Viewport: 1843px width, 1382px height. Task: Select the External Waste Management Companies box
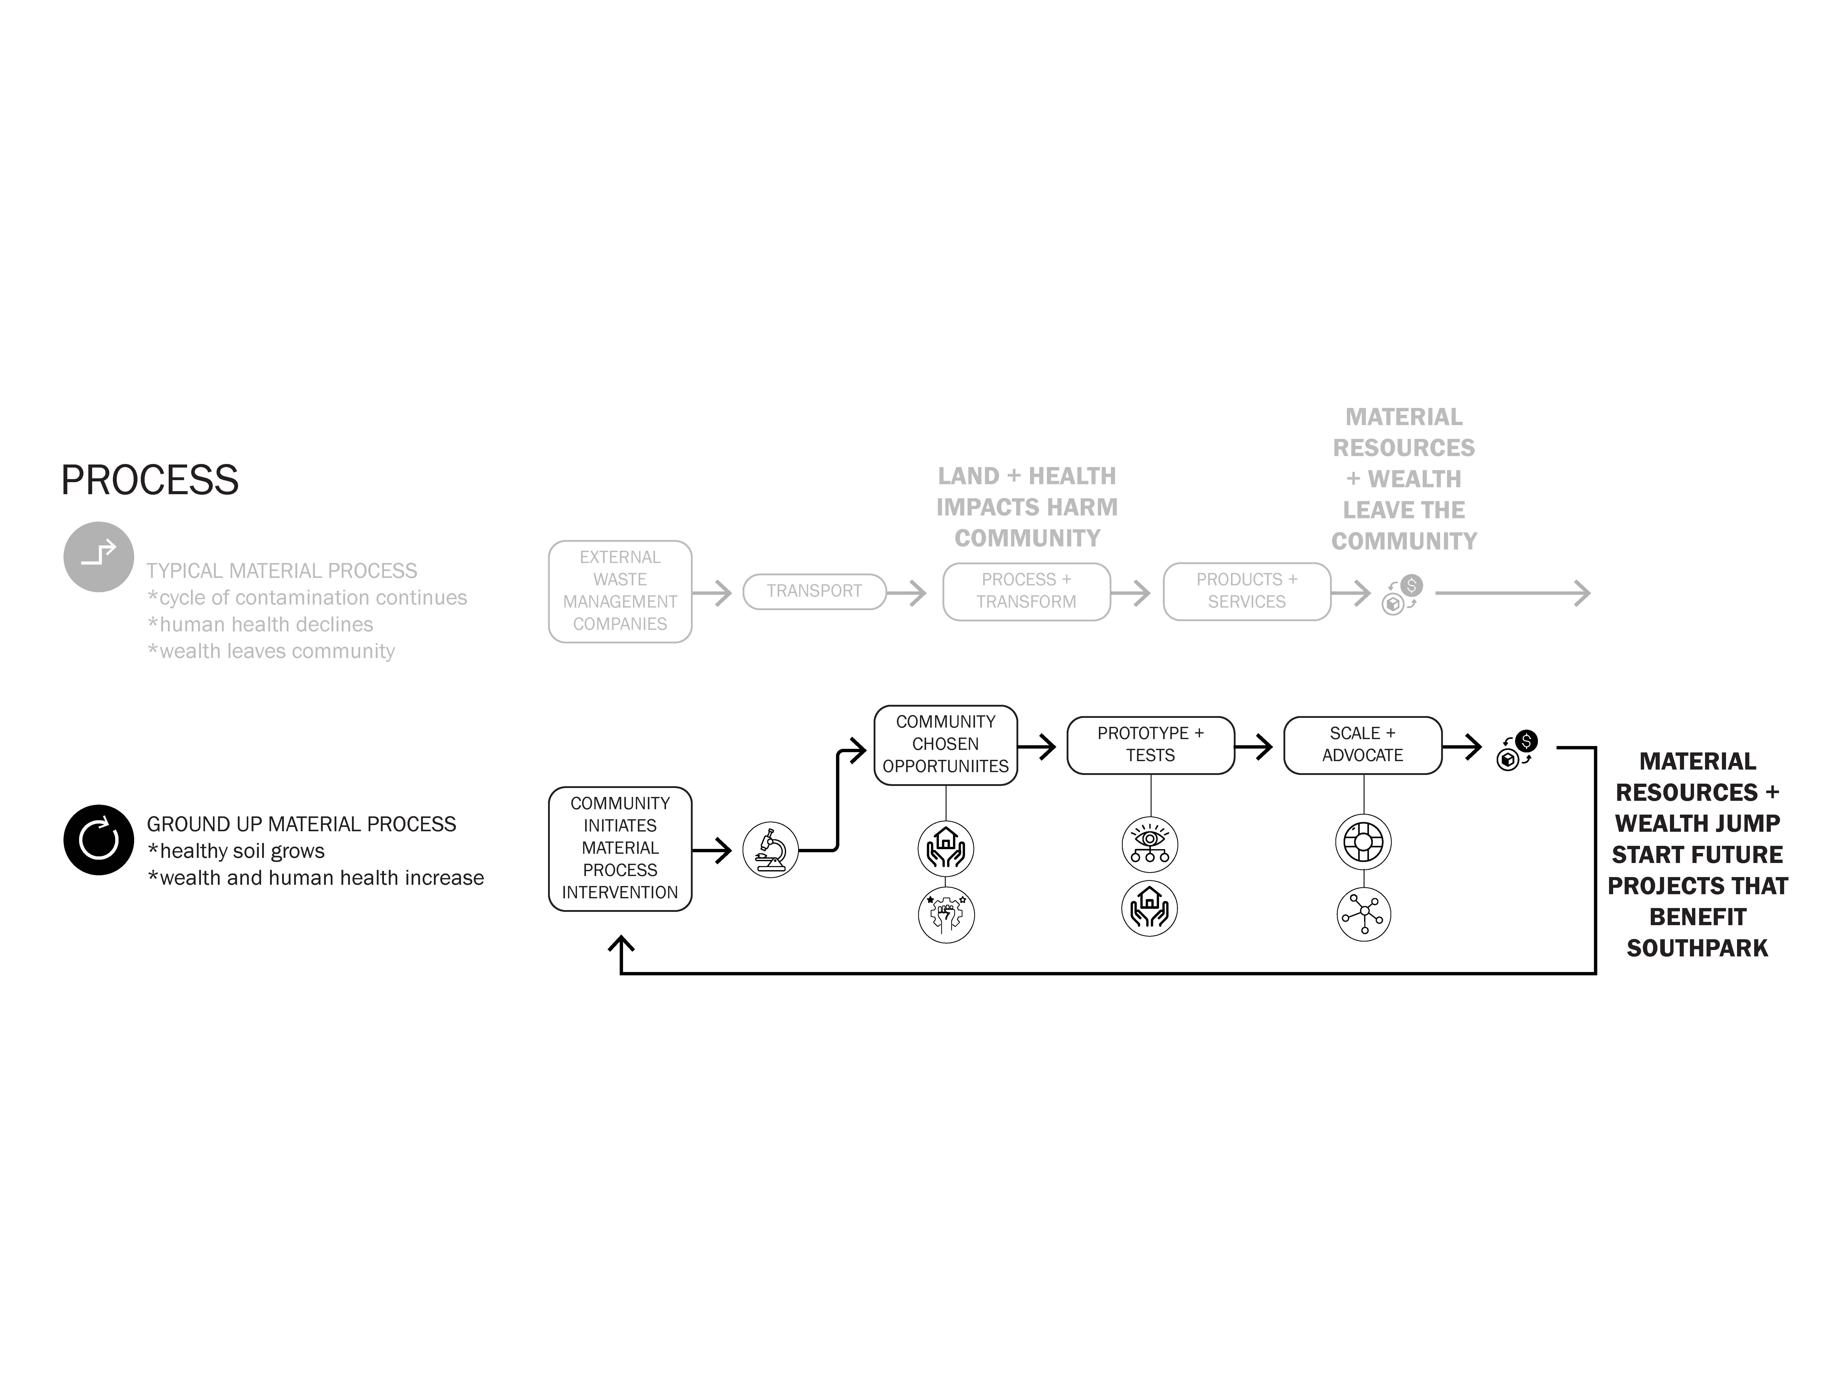pos(620,591)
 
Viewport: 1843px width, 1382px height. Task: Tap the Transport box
pos(814,591)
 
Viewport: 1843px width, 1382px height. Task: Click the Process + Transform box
pos(1026,591)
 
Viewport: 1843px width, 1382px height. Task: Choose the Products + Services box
pos(1246,591)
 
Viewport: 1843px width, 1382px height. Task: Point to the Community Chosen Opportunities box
pos(946,745)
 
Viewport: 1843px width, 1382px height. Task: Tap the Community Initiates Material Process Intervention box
pos(620,849)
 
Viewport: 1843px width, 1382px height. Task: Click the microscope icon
pos(771,850)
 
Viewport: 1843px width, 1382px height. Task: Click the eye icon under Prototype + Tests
pos(1151,845)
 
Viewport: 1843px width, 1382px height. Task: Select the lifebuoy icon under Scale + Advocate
pos(1364,842)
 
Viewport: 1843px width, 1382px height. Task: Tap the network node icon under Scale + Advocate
pos(1364,914)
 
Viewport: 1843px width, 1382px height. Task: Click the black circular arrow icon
pos(98,840)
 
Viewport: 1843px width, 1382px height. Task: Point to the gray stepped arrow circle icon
pos(98,556)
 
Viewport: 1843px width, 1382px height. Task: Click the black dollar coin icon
pos(1526,741)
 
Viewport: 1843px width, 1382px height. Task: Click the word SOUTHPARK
pos(1697,948)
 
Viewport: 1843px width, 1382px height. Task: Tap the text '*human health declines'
pos(260,625)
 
